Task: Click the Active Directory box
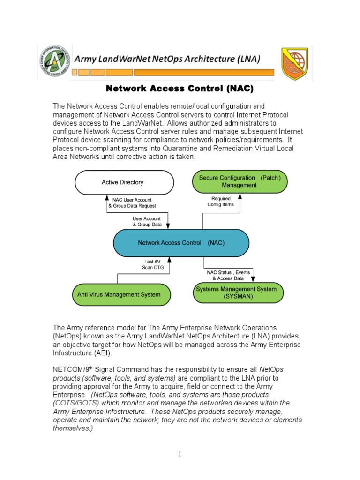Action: pos(123,182)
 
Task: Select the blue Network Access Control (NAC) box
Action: pos(181,243)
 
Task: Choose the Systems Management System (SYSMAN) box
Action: pos(239,293)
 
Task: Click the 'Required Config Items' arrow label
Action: pos(221,202)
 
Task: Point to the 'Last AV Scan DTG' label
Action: pos(151,264)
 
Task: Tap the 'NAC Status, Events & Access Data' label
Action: pos(228,275)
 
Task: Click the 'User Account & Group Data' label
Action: pos(147,222)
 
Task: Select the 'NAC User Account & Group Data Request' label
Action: pos(132,203)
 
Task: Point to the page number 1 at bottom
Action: pos(180,454)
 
